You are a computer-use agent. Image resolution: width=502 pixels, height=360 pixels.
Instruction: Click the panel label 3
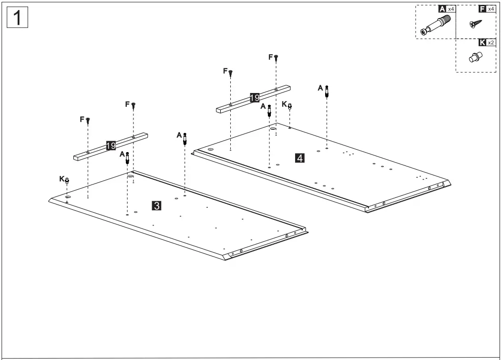156,206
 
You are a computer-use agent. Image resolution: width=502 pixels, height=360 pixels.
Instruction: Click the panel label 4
299,157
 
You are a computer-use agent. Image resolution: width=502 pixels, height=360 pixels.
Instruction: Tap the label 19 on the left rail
111,146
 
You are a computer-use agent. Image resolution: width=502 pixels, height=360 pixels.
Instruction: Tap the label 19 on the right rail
255,99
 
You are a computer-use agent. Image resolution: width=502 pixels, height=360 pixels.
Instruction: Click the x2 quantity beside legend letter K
491,42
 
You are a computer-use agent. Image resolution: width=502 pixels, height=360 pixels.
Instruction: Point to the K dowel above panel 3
68,180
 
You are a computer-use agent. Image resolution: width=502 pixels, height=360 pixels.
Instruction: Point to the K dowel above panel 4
290,106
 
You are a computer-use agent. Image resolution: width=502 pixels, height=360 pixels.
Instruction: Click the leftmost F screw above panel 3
88,120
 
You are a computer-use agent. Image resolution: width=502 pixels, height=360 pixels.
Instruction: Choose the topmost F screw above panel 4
276,58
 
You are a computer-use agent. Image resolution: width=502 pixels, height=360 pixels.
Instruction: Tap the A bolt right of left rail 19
185,137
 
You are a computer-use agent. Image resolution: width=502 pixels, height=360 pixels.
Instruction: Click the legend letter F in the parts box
482,9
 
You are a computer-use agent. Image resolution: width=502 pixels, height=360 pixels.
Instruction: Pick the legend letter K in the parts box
482,42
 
